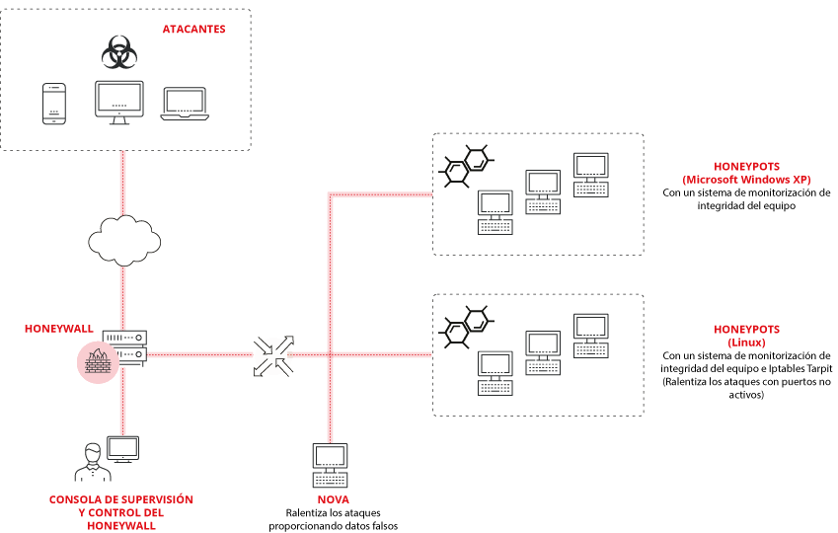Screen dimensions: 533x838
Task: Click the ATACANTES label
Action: pos(193,30)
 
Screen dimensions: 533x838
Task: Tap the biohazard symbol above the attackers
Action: pos(118,52)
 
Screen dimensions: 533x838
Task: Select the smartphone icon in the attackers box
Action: pos(52,105)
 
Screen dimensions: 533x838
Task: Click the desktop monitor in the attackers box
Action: pos(119,102)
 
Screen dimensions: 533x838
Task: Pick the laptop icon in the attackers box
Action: pos(184,104)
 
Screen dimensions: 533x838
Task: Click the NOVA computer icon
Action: pos(329,465)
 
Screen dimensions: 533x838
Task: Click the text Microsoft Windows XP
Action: pos(746,180)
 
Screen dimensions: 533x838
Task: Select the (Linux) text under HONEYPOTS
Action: pos(746,342)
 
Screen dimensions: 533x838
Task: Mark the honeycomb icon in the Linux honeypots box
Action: pos(464,327)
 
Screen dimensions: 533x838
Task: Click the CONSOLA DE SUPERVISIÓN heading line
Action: pos(121,499)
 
